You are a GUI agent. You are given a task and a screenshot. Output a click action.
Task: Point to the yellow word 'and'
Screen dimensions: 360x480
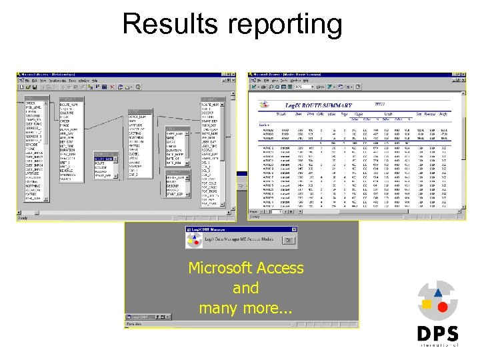[245, 288]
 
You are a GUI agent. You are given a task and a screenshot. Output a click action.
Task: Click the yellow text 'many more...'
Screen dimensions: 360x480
[245, 308]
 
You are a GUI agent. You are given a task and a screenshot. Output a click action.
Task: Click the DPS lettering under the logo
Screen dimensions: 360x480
[437, 333]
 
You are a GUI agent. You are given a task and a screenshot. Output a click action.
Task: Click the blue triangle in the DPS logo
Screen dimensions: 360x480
[437, 292]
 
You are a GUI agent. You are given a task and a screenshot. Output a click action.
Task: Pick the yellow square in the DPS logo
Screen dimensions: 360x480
[426, 305]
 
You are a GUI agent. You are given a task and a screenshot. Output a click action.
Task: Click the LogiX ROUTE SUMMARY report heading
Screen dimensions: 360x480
[313, 105]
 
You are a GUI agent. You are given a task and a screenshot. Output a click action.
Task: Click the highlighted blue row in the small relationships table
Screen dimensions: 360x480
[103, 159]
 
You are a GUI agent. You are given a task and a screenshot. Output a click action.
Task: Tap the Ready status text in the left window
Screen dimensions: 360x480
[23, 218]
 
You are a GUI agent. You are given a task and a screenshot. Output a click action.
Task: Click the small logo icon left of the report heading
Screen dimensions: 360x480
[265, 105]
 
